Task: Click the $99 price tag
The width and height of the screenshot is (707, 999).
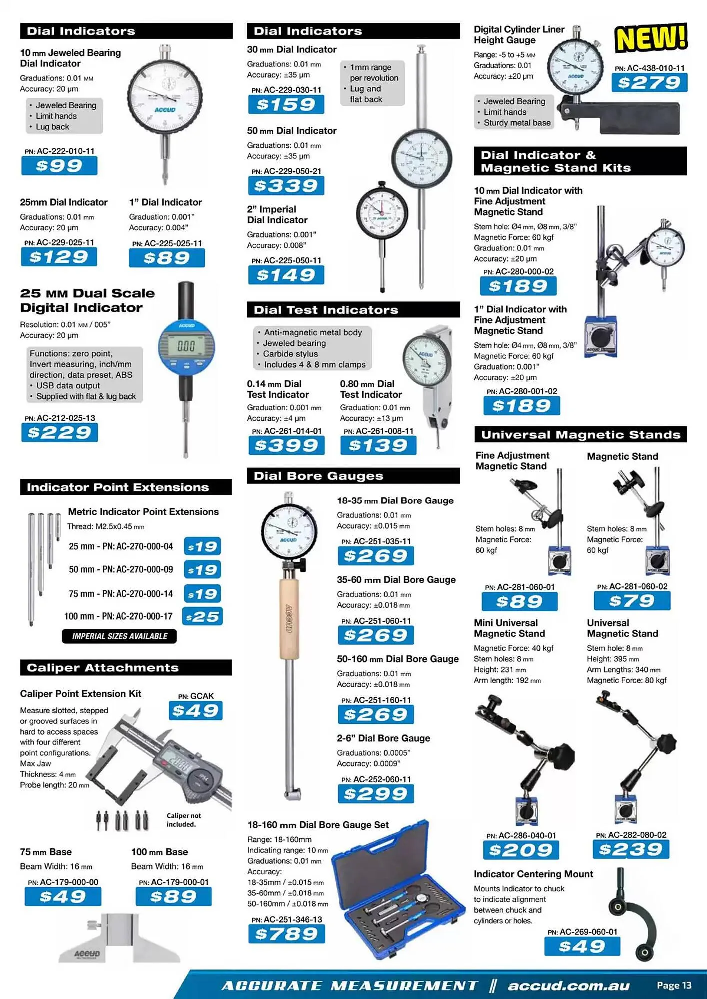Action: pyautogui.click(x=59, y=166)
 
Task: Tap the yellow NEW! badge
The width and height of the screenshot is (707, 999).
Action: pyautogui.click(x=651, y=38)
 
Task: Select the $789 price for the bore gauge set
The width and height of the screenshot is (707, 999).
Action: pyautogui.click(x=286, y=934)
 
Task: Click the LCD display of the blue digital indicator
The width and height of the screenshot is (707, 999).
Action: pyautogui.click(x=186, y=346)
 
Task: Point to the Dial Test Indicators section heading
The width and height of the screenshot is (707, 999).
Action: pyautogui.click(x=326, y=310)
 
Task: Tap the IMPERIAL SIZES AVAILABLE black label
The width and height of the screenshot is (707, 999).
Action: pyautogui.click(x=119, y=636)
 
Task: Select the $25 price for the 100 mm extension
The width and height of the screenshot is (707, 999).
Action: pyautogui.click(x=202, y=617)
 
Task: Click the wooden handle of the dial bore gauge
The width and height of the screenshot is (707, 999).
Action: pyautogui.click(x=289, y=619)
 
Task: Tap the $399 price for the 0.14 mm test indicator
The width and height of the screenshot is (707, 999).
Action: pyautogui.click(x=286, y=445)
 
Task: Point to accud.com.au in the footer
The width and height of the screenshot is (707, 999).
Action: pyautogui.click(x=568, y=986)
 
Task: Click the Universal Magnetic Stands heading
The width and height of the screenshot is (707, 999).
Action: pyautogui.click(x=580, y=435)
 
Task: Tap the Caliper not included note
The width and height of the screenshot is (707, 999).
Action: pyautogui.click(x=184, y=820)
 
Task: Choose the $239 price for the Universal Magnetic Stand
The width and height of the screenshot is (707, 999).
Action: pyautogui.click(x=631, y=849)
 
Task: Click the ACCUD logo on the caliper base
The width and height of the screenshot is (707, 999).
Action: pyautogui.click(x=87, y=954)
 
